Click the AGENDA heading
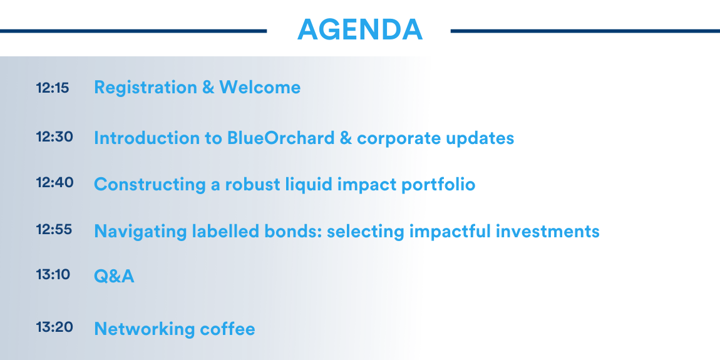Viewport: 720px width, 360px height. (359, 30)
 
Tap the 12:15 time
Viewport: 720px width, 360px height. (53, 88)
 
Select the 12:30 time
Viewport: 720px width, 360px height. (54, 137)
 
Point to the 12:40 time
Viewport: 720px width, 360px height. (54, 183)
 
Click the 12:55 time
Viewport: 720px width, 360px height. (54, 229)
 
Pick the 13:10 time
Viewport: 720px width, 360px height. (53, 275)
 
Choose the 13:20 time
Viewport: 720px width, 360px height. (54, 327)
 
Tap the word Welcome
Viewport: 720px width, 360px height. (260, 87)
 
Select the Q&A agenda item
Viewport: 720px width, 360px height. (114, 277)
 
